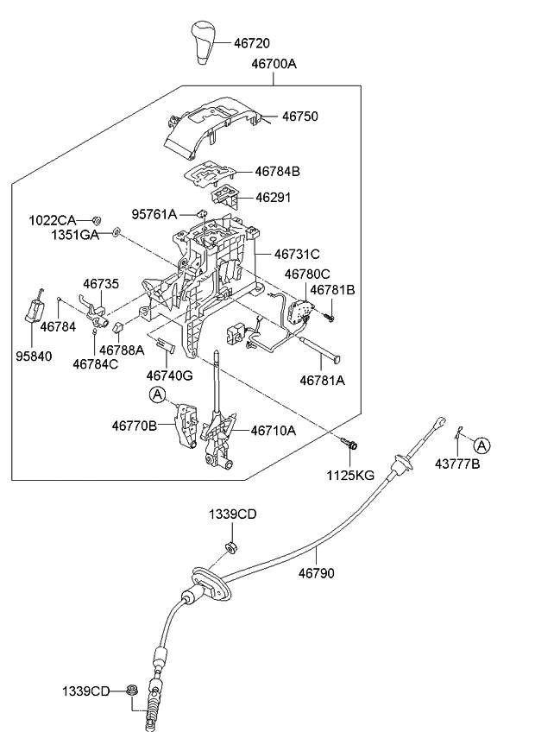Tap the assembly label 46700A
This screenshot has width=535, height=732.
(275, 65)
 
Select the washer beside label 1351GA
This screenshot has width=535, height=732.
(116, 233)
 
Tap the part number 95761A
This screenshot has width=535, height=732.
(154, 214)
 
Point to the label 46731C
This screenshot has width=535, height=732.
(297, 254)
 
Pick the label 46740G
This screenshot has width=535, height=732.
(169, 375)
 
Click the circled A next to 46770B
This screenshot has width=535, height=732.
(156, 394)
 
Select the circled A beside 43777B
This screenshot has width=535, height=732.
(482, 445)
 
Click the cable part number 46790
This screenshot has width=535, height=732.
(317, 572)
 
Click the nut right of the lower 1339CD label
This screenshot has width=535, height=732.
(131, 690)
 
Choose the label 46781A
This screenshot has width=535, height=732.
(322, 379)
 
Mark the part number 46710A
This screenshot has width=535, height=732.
(274, 430)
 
